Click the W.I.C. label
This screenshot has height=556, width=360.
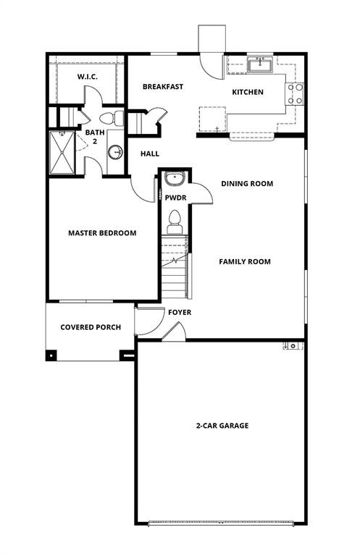[x=88, y=77]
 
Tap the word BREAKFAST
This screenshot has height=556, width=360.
[x=163, y=87]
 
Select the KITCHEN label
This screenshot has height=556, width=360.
[x=247, y=92]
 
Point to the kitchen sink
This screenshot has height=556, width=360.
[x=259, y=66]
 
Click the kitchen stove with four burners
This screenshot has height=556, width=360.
[x=296, y=94]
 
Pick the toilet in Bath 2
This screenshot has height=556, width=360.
[x=111, y=118]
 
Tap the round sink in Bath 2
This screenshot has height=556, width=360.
[x=115, y=152]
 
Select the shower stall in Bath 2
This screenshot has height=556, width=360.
[x=62, y=152]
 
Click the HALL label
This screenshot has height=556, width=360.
[x=150, y=153]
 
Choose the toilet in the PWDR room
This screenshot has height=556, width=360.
[x=175, y=220]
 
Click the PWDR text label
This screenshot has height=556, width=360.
[x=175, y=197]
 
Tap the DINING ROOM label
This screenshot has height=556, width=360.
[x=247, y=184]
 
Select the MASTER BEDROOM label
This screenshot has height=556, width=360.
[x=102, y=233]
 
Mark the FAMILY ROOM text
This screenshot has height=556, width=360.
[x=245, y=261]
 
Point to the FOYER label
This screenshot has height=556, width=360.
[x=180, y=313]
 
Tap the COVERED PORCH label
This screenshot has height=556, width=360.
[x=91, y=327]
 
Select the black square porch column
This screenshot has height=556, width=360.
[x=51, y=355]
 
